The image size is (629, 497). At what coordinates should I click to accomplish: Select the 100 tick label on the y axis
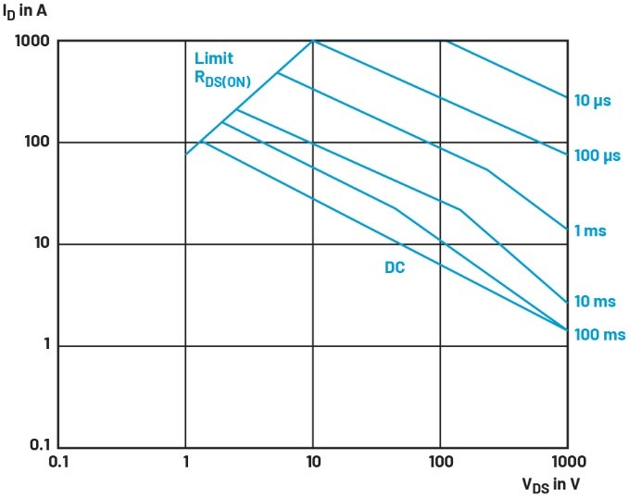[39, 143]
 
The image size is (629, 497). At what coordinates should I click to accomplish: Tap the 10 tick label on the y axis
[43, 244]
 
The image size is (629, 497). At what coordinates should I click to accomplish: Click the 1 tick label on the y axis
[46, 346]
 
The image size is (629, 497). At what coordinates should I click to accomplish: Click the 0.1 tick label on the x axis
[58, 461]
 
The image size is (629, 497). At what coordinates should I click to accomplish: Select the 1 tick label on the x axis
[186, 461]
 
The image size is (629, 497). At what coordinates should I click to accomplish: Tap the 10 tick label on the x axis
[313, 461]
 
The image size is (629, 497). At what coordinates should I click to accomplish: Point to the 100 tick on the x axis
[440, 461]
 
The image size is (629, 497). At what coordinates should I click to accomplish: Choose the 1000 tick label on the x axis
[566, 461]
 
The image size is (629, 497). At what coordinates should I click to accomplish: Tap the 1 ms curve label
[591, 230]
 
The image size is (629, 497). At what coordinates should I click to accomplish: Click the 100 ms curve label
[598, 334]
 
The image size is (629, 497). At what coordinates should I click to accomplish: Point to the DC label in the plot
[396, 269]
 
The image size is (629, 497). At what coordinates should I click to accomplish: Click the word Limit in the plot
[213, 58]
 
